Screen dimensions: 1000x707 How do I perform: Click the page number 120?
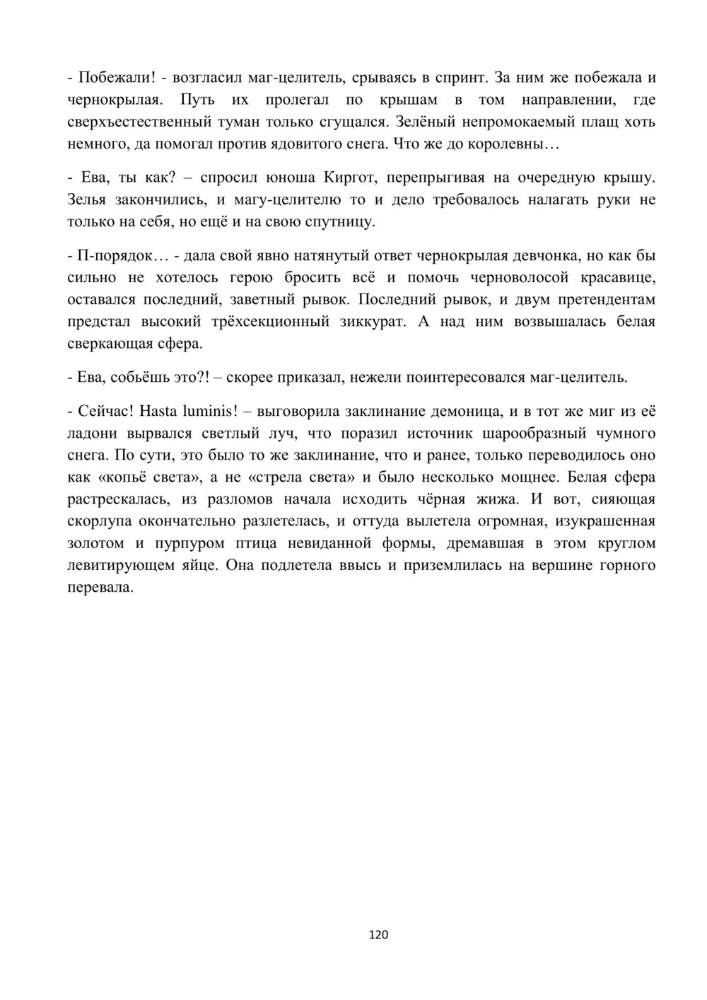(x=379, y=935)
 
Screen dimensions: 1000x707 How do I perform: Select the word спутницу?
(x=339, y=222)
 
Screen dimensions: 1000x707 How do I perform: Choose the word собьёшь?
(x=146, y=377)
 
